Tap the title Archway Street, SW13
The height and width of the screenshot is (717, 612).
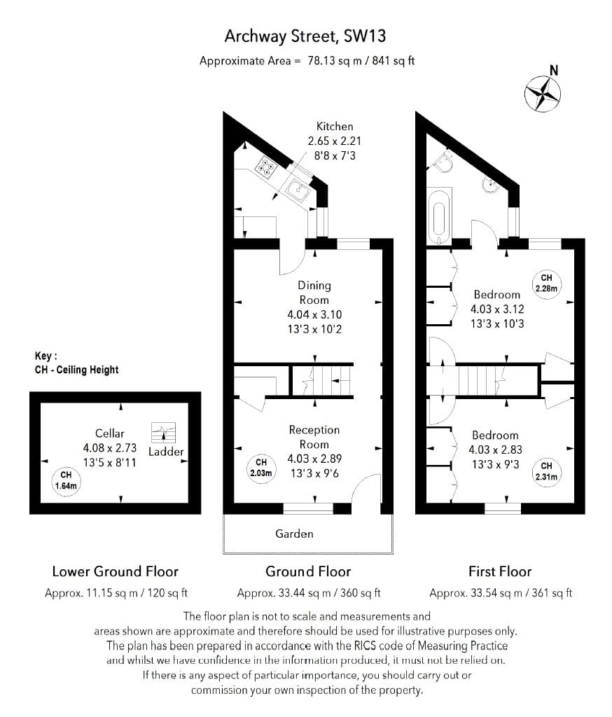(x=305, y=35)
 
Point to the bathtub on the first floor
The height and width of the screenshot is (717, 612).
(x=440, y=214)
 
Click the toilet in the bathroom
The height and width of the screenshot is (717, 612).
(x=443, y=162)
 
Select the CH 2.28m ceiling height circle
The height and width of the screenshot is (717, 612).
(x=546, y=283)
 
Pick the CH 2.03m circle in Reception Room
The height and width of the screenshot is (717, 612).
(x=261, y=467)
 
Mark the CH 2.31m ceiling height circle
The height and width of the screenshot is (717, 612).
(x=546, y=471)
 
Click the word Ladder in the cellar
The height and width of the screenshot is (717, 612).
(x=166, y=452)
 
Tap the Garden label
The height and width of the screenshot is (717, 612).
(x=294, y=534)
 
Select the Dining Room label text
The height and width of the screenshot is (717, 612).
(x=314, y=292)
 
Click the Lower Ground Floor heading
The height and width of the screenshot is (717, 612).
(x=116, y=571)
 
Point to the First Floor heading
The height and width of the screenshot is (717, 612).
(x=500, y=571)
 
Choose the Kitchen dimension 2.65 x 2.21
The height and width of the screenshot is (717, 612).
(x=335, y=141)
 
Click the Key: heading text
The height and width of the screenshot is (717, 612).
(x=46, y=356)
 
